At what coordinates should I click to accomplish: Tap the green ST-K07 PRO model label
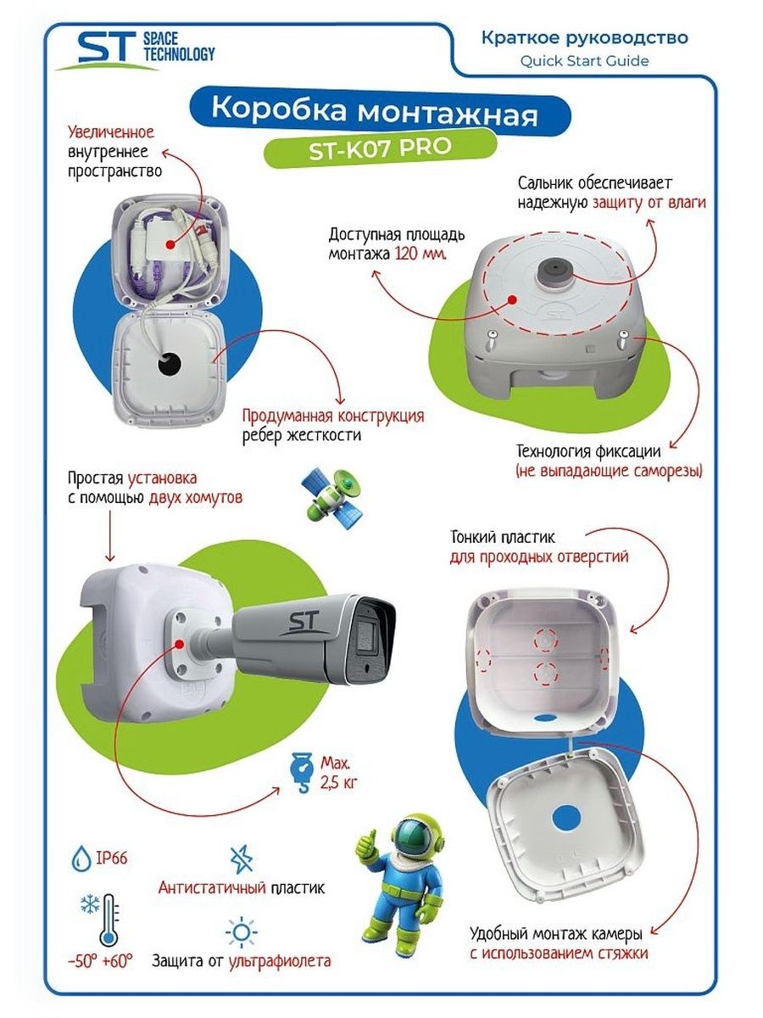(380, 149)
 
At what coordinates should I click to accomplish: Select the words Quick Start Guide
(584, 61)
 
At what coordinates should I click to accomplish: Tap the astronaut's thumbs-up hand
(366, 844)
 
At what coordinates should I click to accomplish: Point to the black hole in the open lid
(170, 364)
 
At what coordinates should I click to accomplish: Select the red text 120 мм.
(420, 254)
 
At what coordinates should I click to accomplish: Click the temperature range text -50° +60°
(100, 961)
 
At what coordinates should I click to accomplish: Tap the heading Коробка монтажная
(375, 112)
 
